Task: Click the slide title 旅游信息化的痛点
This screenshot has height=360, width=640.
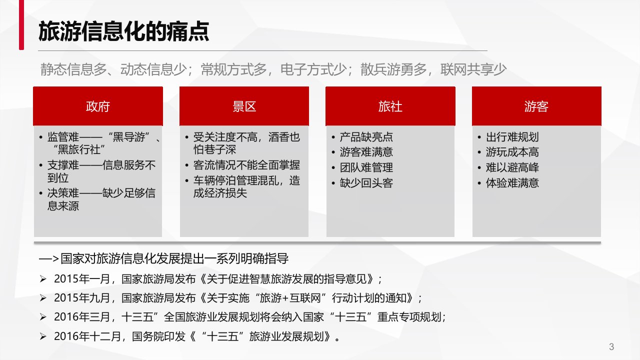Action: click(x=123, y=31)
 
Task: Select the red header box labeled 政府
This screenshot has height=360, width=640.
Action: click(x=98, y=106)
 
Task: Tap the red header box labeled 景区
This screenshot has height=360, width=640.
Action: click(x=244, y=106)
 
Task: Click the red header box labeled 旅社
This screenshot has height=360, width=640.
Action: click(x=390, y=106)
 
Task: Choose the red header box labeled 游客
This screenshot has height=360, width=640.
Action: click(x=536, y=106)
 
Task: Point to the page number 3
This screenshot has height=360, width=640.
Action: click(x=611, y=346)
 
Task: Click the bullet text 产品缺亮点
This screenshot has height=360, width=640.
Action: click(x=366, y=137)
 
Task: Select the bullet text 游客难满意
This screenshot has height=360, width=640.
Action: click(x=366, y=152)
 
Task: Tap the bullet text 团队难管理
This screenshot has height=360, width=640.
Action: click(x=366, y=167)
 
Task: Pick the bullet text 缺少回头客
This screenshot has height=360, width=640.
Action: click(x=366, y=183)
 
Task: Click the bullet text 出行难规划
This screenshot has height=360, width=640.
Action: click(x=512, y=137)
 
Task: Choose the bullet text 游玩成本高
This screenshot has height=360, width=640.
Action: click(x=512, y=152)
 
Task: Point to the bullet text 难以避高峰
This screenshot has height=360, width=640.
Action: click(x=512, y=167)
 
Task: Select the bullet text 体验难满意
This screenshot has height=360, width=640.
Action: click(x=512, y=183)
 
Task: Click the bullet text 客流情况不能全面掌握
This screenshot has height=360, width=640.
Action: click(x=246, y=165)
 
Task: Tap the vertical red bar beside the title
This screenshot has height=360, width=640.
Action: click(x=21, y=25)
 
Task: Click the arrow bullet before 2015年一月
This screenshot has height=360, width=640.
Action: click(x=43, y=279)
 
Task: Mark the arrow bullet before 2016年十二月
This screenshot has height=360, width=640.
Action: click(x=43, y=336)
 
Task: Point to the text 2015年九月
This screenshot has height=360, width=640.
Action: click(x=82, y=298)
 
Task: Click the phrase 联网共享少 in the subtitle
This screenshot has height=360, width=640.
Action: click(x=473, y=69)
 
